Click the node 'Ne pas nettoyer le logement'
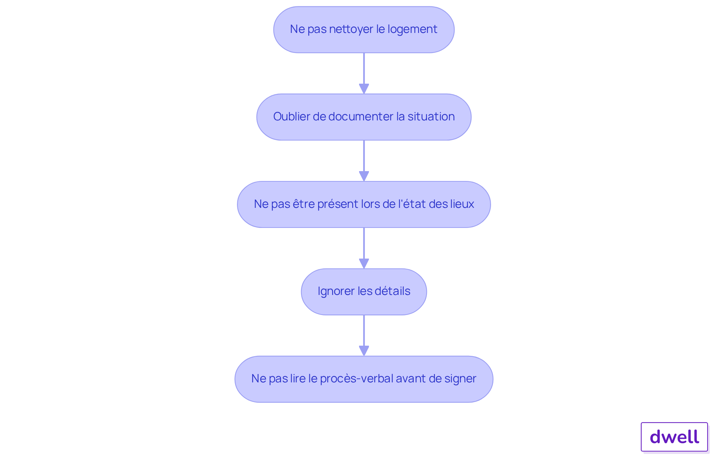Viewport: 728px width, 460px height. (364, 30)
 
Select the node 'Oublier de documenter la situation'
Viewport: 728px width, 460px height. (364, 117)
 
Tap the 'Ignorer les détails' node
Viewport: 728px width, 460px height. (364, 292)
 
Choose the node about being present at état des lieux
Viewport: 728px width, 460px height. (364, 204)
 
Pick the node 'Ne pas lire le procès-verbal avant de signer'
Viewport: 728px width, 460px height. (364, 379)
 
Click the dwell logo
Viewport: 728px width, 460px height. (674, 437)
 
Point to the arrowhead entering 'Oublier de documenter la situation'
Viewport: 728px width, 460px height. (364, 89)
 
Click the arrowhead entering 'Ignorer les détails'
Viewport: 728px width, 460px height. (364, 264)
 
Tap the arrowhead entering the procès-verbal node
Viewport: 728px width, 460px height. (364, 351)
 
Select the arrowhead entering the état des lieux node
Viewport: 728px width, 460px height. (364, 176)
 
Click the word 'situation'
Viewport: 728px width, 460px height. (431, 117)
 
